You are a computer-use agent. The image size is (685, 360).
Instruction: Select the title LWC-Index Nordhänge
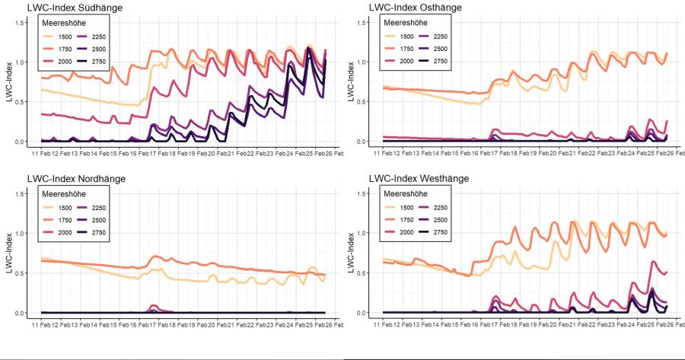(x=76, y=179)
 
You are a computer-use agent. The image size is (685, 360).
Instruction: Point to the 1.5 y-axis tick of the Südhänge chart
(x=21, y=22)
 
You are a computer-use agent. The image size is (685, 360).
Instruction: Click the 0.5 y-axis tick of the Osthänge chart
(x=363, y=102)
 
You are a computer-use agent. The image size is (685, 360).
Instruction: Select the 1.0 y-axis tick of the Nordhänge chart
(x=21, y=233)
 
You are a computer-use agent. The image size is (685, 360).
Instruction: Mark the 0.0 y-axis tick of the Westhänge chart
(x=363, y=313)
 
